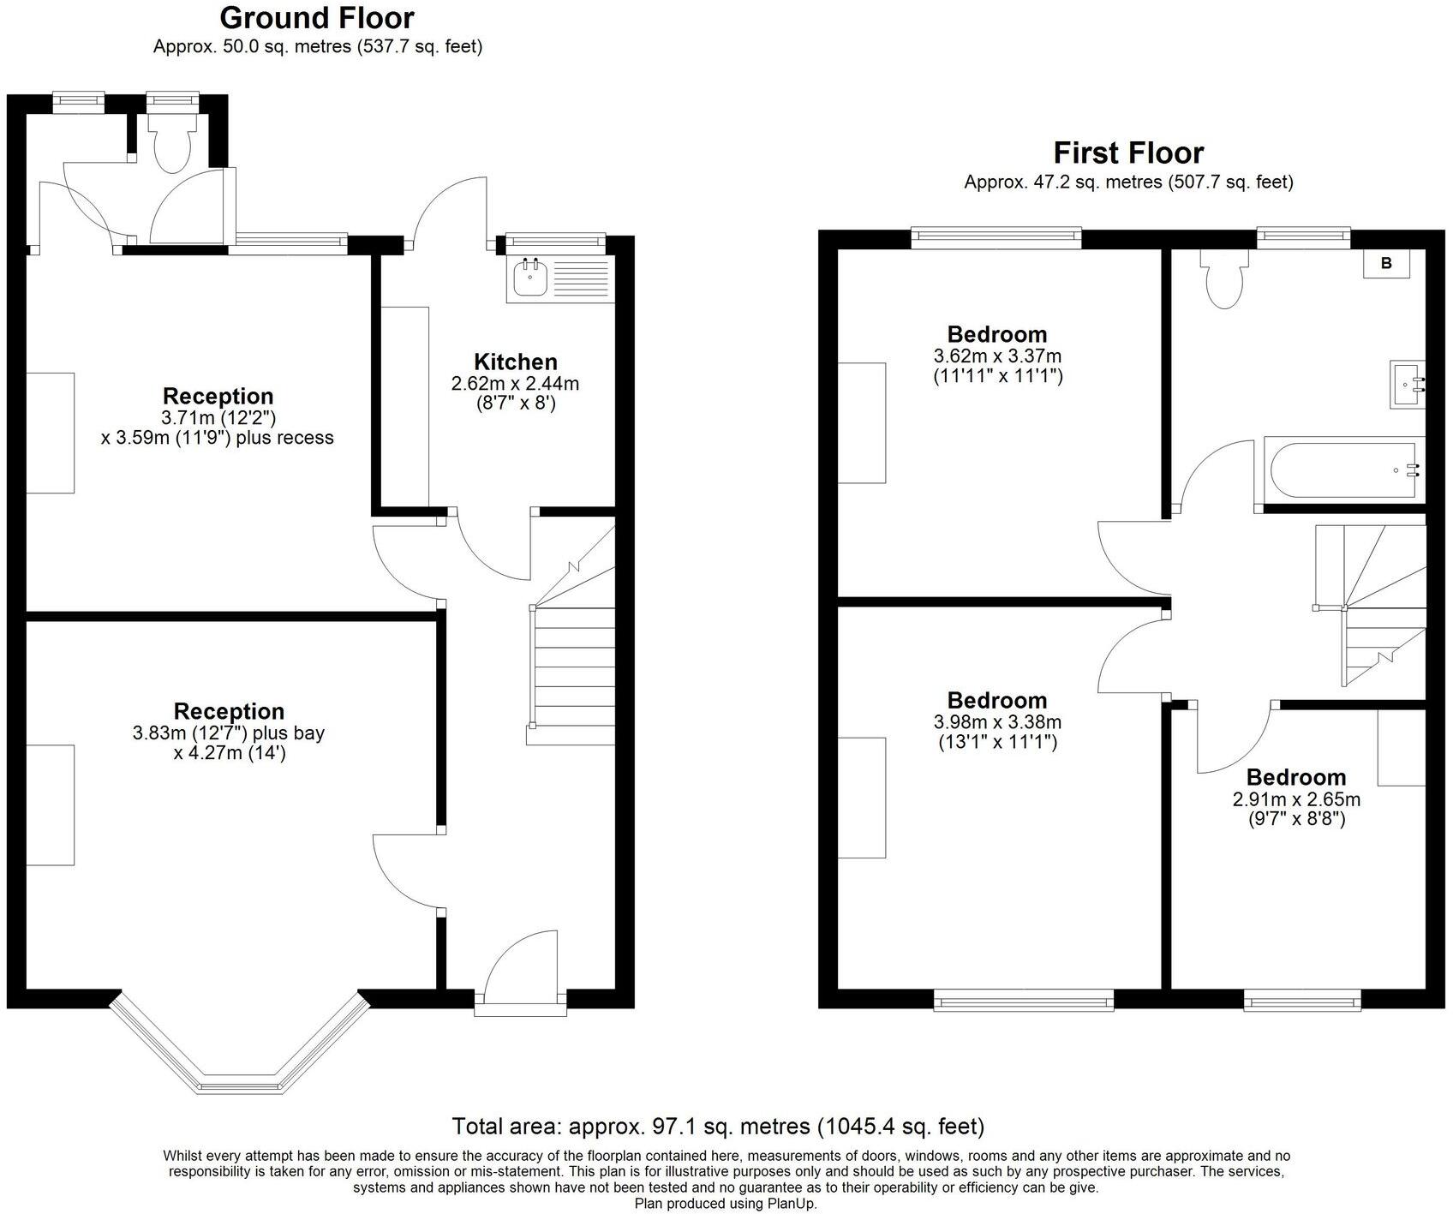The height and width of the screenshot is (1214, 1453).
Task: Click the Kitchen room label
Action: [516, 362]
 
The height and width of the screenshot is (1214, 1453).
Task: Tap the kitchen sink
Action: [560, 278]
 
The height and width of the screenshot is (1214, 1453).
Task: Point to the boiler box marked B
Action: [1386, 264]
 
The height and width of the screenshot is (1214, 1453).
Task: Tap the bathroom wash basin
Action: [1408, 385]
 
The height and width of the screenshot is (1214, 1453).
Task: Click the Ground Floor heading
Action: [317, 18]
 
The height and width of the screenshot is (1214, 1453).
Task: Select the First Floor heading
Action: [1128, 153]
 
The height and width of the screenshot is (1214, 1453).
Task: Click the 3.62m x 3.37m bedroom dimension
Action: [998, 356]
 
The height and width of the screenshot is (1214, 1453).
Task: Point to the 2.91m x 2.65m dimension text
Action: [1296, 800]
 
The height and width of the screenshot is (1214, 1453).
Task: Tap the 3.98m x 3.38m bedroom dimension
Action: [998, 722]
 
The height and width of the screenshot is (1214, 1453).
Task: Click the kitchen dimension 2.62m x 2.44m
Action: [516, 384]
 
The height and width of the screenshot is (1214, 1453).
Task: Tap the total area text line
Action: [718, 1126]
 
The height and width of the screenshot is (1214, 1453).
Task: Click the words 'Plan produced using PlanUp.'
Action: [726, 1204]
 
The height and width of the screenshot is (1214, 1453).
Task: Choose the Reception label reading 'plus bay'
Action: [229, 733]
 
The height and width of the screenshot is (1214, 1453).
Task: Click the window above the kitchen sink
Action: [555, 242]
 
